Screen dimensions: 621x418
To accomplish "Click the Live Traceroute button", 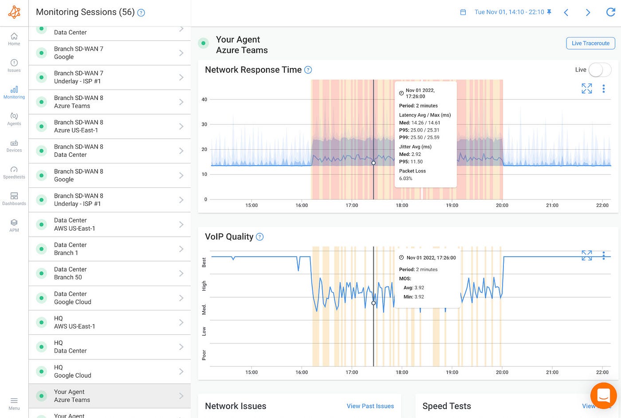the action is tap(590, 43).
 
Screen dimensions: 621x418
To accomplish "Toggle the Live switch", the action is tap(600, 70).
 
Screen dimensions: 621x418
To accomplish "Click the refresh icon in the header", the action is tap(610, 12).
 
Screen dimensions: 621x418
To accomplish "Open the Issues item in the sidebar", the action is tap(14, 66).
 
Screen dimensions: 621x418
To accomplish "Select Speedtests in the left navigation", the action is tap(14, 172).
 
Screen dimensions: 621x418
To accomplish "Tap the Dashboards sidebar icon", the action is tap(14, 199).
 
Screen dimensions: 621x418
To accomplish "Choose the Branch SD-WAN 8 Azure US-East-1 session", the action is tap(110, 126).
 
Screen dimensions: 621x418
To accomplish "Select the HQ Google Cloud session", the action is tap(110, 371).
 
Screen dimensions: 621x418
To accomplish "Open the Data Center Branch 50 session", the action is tap(110, 273).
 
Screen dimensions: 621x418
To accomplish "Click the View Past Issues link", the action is tap(370, 406).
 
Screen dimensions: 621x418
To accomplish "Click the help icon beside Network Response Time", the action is tap(308, 70).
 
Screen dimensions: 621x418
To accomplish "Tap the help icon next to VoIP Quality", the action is tap(260, 237).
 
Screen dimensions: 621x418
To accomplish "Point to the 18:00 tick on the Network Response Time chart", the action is tap(402, 205).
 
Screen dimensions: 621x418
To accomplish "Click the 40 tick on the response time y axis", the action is tap(204, 100).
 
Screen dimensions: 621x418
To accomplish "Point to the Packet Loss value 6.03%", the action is tap(405, 179).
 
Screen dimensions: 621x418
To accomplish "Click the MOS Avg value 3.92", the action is tap(419, 287).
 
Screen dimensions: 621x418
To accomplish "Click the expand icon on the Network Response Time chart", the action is tap(586, 88).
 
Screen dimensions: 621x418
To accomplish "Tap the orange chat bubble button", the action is tap(604, 396).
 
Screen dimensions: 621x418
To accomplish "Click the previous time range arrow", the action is tap(566, 12).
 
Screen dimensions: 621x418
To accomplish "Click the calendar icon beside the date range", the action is tap(463, 12).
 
